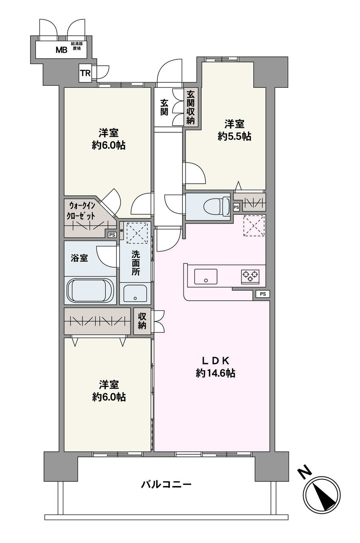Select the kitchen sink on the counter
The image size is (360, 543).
[205, 277]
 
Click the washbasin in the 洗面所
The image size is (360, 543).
[135, 293]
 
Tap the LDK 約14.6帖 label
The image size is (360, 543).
[215, 367]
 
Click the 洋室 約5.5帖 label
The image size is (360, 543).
[234, 130]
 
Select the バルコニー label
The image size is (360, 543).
[166, 484]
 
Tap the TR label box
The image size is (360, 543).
[85, 73]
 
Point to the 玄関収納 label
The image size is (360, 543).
[191, 108]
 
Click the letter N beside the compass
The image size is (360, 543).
[303, 473]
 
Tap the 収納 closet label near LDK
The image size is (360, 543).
[142, 322]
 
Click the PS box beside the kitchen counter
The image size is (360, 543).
[262, 294]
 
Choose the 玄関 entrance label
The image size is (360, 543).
[164, 107]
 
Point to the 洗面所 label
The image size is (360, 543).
[135, 263]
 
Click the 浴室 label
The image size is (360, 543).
[79, 258]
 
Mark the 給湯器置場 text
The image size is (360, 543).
[77, 46]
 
